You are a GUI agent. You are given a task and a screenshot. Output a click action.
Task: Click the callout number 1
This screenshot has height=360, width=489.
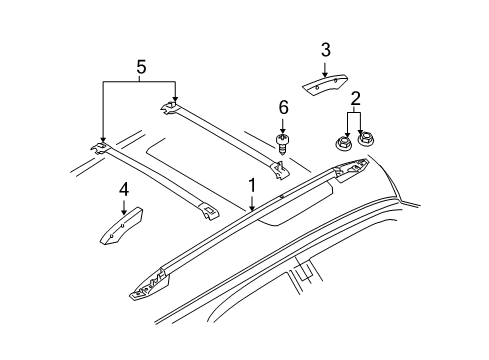tap(252, 185)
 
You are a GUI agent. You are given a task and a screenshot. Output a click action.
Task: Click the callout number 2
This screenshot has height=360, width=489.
tap(355, 97)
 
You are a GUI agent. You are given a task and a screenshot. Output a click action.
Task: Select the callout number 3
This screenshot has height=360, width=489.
tap(326, 50)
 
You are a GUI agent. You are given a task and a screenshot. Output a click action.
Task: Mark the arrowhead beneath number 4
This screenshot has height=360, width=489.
tap(124, 211)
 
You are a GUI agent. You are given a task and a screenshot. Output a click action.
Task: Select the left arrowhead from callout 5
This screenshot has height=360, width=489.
tap(102, 141)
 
